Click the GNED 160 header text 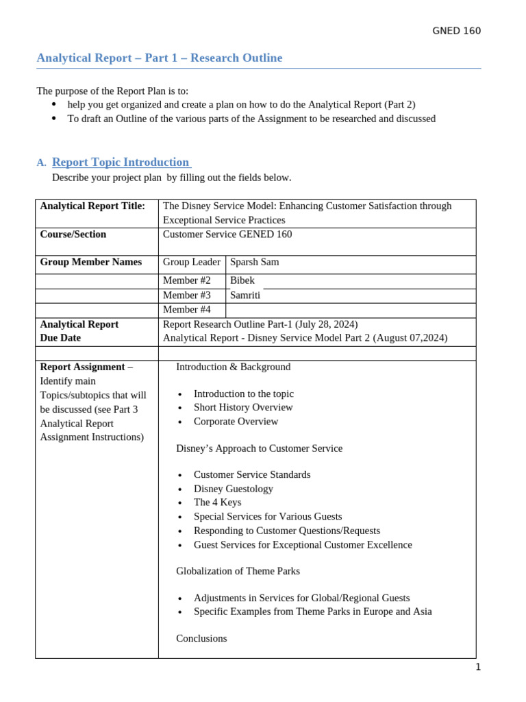click(x=457, y=31)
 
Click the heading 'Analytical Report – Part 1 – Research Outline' click(x=159, y=58)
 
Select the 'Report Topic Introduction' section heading click(x=121, y=162)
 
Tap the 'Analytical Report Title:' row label click(x=92, y=206)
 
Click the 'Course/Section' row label click(x=73, y=234)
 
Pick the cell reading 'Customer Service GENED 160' click(x=227, y=234)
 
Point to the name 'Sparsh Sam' click(x=254, y=262)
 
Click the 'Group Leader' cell click(x=191, y=262)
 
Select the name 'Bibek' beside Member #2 click(x=242, y=280)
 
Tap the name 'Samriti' click(x=245, y=295)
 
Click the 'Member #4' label click(x=186, y=309)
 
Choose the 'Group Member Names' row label click(x=91, y=262)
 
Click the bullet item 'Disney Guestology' click(x=233, y=489)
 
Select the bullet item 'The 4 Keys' click(x=217, y=503)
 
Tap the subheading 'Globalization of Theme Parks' click(x=238, y=571)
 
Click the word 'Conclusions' click(x=201, y=638)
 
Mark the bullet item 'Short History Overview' click(x=243, y=407)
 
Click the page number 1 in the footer click(x=478, y=668)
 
